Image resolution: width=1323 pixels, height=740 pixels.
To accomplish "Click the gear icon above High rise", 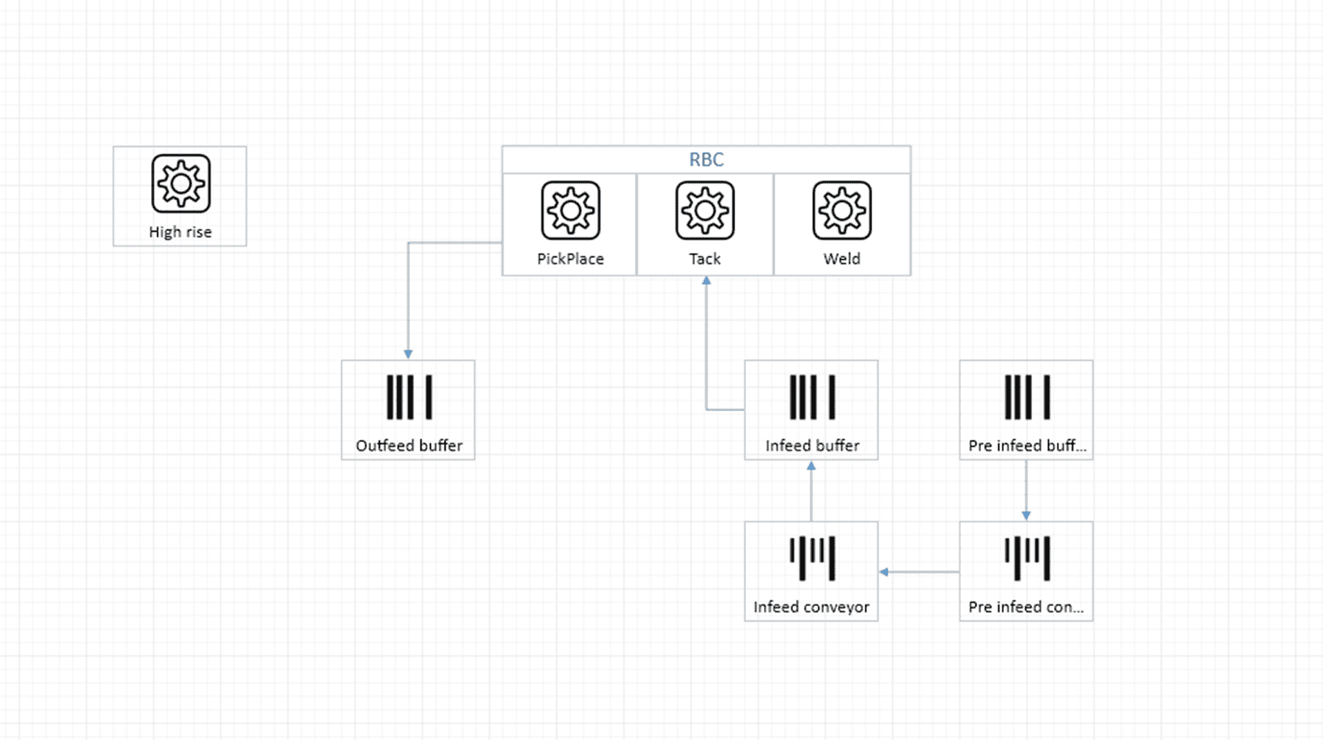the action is tap(181, 183).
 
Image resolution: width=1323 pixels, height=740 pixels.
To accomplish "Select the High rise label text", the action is tap(180, 232).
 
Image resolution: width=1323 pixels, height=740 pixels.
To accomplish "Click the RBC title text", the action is tap(707, 159).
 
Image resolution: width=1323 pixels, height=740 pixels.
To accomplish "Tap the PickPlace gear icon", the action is tap(570, 210).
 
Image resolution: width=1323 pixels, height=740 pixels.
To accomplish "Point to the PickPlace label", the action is tap(570, 259).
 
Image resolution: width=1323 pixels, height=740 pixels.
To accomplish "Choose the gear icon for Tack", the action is tap(705, 210).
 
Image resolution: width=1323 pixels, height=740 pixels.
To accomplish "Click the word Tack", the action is tap(705, 259).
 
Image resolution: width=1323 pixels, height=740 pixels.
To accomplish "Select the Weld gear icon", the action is tap(842, 210).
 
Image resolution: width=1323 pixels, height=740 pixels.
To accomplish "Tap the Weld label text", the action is tap(842, 259).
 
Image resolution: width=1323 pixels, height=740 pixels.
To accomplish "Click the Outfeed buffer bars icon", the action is tap(409, 397).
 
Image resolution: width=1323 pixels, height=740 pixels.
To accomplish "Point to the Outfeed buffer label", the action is tap(409, 446).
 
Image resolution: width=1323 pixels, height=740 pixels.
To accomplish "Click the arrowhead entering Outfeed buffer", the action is tap(408, 354).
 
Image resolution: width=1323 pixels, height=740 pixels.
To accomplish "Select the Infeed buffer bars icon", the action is tap(812, 397).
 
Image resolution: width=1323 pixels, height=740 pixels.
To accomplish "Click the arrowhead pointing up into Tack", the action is tap(706, 281).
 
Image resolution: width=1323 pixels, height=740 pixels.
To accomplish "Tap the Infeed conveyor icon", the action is tap(812, 559).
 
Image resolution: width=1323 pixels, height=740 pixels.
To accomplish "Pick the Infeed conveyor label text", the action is tap(811, 607).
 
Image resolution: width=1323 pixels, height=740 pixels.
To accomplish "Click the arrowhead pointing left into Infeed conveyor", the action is tap(884, 572).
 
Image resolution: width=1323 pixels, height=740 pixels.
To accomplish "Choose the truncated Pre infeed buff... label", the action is tap(1027, 446).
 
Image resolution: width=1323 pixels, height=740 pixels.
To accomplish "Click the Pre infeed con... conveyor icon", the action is tap(1027, 559).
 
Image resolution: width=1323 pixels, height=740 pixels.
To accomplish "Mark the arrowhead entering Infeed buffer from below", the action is tap(811, 466).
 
